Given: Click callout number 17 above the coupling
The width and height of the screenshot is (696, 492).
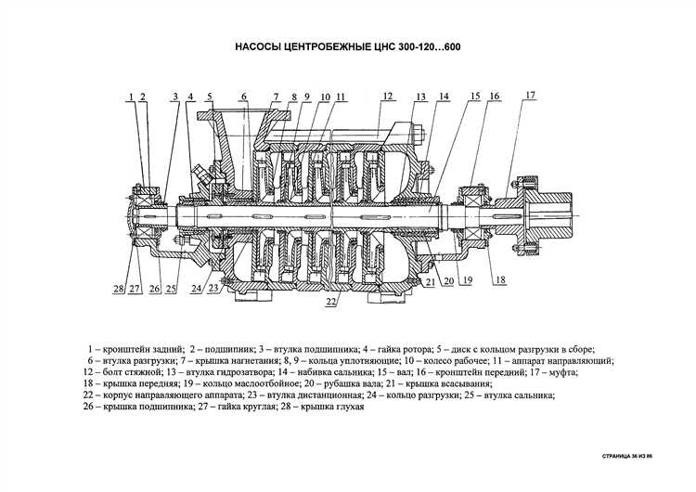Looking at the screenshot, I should tap(530, 96).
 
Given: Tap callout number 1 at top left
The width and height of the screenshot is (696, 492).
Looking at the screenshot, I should tap(132, 97).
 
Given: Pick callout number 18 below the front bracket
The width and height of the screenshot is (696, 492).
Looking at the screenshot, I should tap(500, 279).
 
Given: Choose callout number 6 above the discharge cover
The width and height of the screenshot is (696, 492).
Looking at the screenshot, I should tap(244, 97).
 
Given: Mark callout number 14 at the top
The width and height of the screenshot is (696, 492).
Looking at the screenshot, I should tap(444, 97).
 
